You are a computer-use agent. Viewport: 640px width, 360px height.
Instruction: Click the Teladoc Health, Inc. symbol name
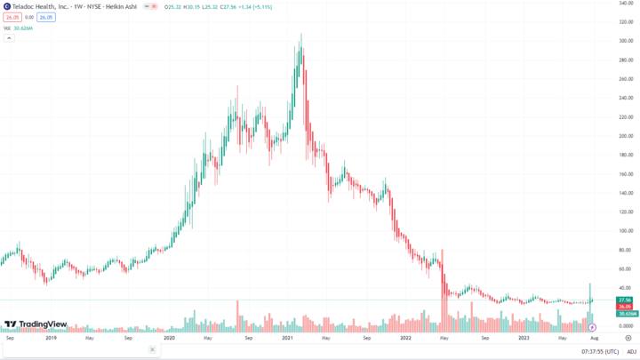(x=42, y=6)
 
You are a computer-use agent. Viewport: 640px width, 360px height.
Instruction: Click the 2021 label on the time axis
(x=287, y=338)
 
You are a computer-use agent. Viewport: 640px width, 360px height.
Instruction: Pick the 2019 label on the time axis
(x=51, y=338)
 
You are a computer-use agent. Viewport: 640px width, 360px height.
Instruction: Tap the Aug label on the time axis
(x=594, y=338)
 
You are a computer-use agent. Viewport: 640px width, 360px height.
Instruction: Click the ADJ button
(x=631, y=351)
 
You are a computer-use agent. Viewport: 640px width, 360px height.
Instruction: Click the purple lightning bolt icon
(x=592, y=328)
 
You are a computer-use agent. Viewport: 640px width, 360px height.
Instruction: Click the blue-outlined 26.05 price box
(x=45, y=17)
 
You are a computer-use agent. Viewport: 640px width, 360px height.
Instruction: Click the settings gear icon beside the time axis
(x=628, y=338)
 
